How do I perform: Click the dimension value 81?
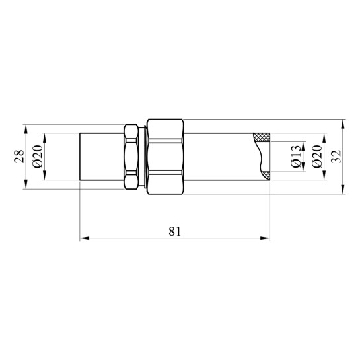[x=175, y=231]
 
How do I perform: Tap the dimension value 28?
[x=19, y=157]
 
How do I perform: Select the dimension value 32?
[x=337, y=157]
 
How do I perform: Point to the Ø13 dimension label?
[x=295, y=157]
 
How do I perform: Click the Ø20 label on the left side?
[x=38, y=157]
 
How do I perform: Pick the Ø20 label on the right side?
[x=317, y=157]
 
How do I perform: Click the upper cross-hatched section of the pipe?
[x=262, y=137]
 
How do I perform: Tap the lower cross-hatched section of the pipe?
[x=266, y=176]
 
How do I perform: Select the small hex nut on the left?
[x=131, y=157]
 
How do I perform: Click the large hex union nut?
[x=165, y=157]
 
